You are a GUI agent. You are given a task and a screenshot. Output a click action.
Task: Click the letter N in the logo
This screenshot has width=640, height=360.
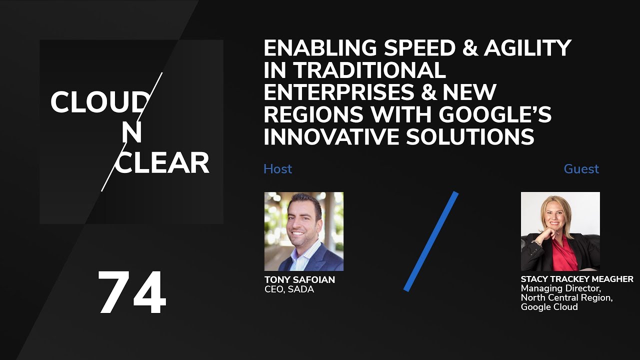(132, 133)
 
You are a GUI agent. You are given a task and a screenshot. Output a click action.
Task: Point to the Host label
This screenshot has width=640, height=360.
(277, 169)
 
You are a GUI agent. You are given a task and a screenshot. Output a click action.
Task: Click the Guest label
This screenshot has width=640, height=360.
(581, 169)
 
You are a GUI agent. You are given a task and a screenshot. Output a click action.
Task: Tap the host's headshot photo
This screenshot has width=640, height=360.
(304, 231)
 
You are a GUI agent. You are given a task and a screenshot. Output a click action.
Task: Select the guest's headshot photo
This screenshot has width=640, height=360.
(560, 231)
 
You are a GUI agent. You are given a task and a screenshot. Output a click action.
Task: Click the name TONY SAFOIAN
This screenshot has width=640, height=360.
(299, 279)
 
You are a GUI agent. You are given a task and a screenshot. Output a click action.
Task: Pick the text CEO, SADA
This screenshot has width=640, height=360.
(289, 289)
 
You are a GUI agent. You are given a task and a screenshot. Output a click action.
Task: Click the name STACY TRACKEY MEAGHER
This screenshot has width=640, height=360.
(577, 279)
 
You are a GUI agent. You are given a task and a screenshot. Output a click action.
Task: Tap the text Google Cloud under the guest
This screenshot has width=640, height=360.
(549, 307)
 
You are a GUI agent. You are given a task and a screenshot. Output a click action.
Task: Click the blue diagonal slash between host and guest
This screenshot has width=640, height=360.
(431, 241)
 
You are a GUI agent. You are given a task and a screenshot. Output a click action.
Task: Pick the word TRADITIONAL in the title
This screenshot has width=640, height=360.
(369, 70)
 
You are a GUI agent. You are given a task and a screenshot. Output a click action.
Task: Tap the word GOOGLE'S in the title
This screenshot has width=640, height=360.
(495, 114)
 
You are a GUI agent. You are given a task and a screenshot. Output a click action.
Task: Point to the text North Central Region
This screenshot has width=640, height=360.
(566, 298)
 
